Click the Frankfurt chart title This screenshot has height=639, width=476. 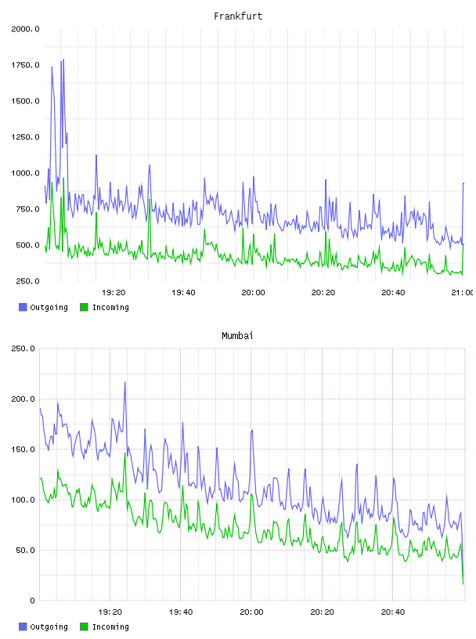238,16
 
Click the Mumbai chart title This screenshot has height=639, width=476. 237,336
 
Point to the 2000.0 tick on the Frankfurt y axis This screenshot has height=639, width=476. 25,29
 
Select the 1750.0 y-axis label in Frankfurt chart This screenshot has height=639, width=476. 25,65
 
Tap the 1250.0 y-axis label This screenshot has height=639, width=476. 25,137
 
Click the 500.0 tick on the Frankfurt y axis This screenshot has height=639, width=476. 27,245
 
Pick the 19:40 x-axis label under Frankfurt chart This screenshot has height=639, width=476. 183,293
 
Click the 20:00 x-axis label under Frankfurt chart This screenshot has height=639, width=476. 253,293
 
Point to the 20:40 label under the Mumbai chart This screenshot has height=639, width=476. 393,612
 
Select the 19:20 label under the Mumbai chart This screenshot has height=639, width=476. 110,612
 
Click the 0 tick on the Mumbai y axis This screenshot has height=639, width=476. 33,601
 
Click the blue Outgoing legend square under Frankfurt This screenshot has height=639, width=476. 23,307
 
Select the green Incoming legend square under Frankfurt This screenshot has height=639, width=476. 84,307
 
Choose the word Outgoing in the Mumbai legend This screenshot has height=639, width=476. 49,626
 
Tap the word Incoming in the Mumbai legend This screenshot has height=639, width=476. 110,626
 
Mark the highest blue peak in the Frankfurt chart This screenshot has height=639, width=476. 63,60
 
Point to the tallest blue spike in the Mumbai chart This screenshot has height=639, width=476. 125,382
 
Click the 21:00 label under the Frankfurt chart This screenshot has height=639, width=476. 462,293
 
